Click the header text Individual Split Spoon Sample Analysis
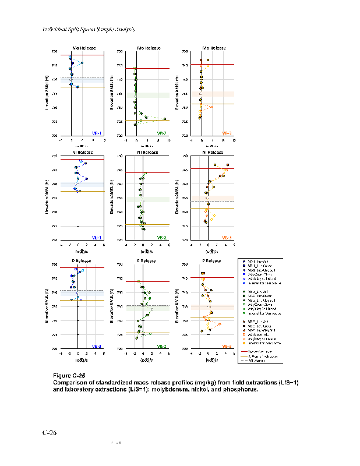click(89, 29)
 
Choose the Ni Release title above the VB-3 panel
click(214, 152)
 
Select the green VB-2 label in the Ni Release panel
click(161, 237)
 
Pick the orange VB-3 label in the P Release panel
click(227, 345)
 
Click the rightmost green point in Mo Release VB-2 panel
click(165, 119)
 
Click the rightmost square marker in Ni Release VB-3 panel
click(228, 165)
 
